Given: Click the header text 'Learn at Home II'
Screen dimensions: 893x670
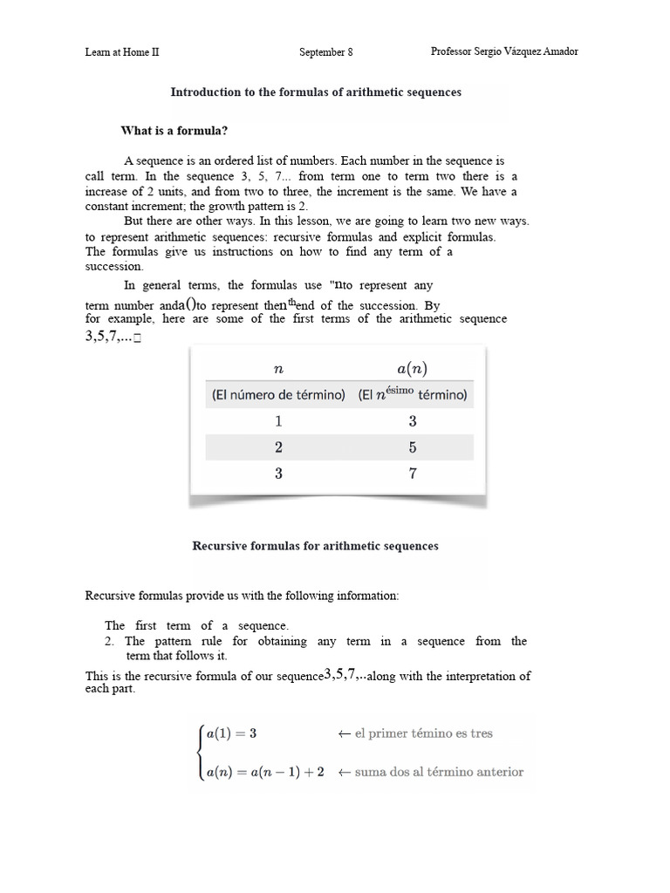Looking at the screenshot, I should coord(122,51).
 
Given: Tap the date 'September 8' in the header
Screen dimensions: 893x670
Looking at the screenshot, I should coord(326,51).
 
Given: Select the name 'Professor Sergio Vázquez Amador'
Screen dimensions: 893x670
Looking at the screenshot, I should coord(504,51).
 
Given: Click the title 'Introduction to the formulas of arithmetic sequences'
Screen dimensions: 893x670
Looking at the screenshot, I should coord(316,92).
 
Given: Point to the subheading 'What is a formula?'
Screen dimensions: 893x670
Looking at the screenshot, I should coord(174,131).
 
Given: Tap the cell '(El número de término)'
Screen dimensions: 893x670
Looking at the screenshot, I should coord(278,395).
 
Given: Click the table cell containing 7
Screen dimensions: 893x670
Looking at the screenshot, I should coord(412,474).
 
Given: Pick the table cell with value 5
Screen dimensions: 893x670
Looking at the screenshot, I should coord(412,447).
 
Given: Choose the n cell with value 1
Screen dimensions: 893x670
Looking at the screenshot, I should coord(278,421).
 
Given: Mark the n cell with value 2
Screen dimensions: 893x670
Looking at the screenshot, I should coord(278,447).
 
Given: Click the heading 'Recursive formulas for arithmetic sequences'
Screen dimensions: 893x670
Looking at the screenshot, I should coord(315,546).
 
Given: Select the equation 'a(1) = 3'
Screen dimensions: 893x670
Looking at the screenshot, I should coord(231,733).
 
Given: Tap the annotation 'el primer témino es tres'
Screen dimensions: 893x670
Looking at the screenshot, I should coord(415,733).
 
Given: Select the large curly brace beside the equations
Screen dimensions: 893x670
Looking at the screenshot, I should coord(200,753).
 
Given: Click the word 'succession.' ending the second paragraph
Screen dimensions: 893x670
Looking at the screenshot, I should coord(113,266).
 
